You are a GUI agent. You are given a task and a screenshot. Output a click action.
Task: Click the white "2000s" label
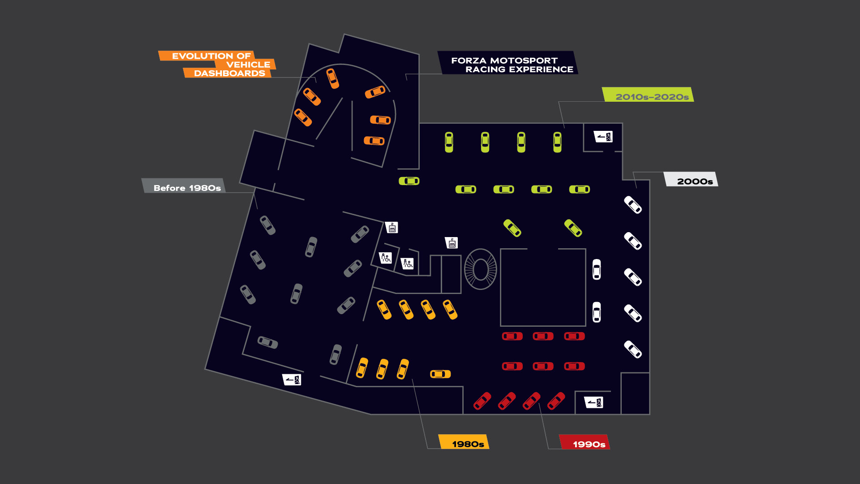[x=694, y=181]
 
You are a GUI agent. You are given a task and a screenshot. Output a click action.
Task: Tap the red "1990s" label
[x=589, y=444]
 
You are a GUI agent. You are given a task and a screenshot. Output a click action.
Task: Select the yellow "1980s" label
[x=468, y=444]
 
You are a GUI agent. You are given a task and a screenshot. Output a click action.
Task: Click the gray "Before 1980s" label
[x=187, y=188]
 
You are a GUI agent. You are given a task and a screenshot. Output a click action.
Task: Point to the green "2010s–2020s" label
[x=652, y=96]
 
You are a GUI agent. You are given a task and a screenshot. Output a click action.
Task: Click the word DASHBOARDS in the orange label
[x=229, y=73]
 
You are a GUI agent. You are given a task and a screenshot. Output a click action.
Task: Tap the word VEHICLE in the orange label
[x=248, y=65]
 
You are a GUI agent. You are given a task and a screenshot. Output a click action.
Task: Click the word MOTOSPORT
[x=524, y=60]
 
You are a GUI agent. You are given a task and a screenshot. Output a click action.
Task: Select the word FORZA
[x=469, y=60]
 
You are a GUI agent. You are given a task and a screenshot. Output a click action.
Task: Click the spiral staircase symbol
[x=480, y=269]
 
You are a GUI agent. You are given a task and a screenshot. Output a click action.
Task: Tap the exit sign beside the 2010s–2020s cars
[x=603, y=136]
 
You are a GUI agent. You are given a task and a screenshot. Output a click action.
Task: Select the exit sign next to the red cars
[x=594, y=402]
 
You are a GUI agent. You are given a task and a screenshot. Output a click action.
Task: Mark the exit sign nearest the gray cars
[x=292, y=380]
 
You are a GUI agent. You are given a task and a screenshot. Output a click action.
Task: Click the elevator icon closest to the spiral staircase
[x=451, y=242]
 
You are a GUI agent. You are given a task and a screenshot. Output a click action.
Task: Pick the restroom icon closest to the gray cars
[x=385, y=258]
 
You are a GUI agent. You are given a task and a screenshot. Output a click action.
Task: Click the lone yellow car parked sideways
[x=440, y=374]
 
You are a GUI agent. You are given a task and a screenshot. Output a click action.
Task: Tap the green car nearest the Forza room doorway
[x=409, y=181]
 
